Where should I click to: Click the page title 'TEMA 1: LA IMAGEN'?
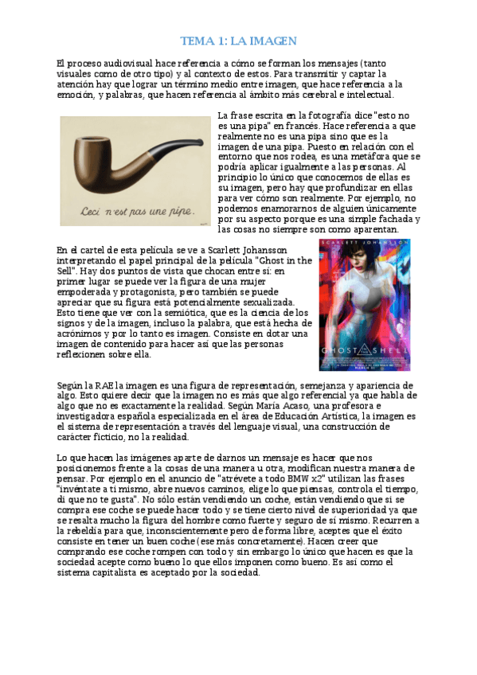(239, 41)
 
